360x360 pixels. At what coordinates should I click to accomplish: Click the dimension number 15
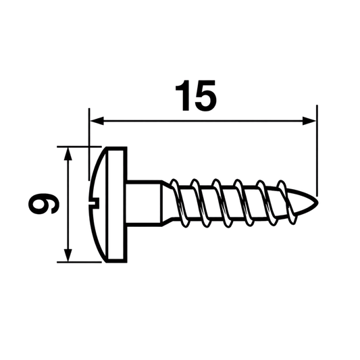(196, 95)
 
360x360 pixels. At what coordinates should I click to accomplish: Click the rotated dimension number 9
(44, 203)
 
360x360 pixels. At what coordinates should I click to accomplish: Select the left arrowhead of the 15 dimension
(97, 121)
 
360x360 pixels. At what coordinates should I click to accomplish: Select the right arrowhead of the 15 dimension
(309, 121)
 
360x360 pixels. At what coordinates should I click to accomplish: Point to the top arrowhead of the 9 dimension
(68, 153)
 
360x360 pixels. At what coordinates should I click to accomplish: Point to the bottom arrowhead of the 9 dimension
(68, 255)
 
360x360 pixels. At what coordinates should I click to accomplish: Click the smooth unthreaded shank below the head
(144, 203)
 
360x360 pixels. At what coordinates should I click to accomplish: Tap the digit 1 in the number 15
(183, 95)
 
